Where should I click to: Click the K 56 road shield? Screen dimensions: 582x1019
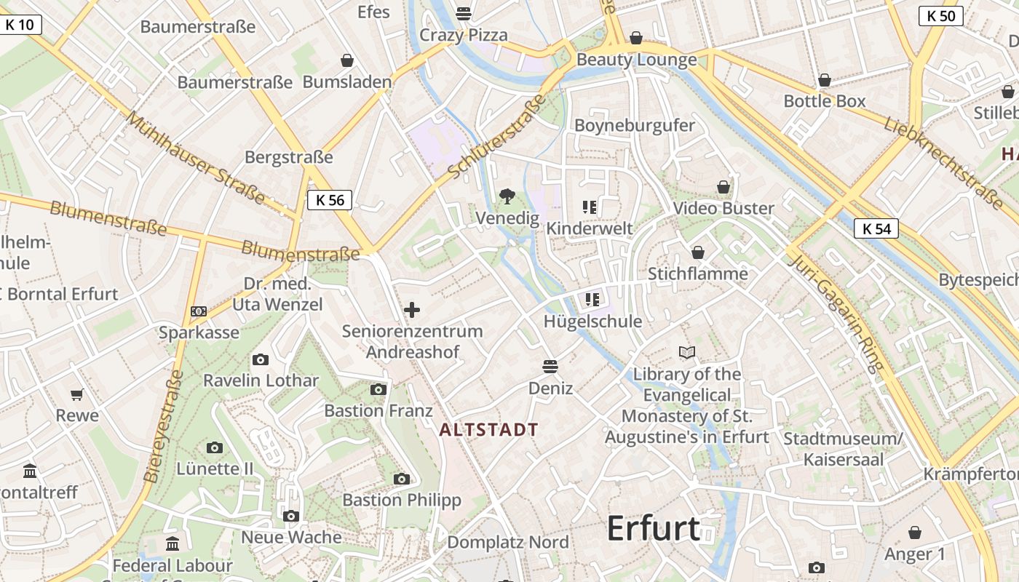point(330,200)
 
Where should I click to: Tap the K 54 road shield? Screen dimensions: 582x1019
point(876,228)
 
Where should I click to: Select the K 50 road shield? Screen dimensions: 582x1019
point(941,15)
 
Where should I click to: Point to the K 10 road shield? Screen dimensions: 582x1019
point(20,25)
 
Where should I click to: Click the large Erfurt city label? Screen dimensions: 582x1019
point(654,528)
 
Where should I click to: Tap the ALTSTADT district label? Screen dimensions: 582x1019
point(489,430)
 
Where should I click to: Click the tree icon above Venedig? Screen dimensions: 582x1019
point(507,196)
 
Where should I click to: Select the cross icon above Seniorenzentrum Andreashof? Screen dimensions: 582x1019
point(412,310)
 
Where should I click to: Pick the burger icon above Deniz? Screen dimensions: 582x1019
point(550,366)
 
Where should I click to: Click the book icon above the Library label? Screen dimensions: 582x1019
point(686,353)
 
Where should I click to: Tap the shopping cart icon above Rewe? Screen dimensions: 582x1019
point(77,394)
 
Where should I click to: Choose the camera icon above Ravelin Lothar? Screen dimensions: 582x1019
point(260,359)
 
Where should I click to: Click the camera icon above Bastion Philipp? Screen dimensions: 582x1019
point(401,479)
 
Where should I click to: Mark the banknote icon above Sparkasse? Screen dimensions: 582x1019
point(199,311)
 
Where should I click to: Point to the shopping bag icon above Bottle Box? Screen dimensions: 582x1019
point(825,80)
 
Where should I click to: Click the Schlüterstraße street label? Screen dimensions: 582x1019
point(497,136)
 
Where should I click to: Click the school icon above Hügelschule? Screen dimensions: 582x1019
point(592,300)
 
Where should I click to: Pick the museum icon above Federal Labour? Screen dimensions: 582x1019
point(173,543)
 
